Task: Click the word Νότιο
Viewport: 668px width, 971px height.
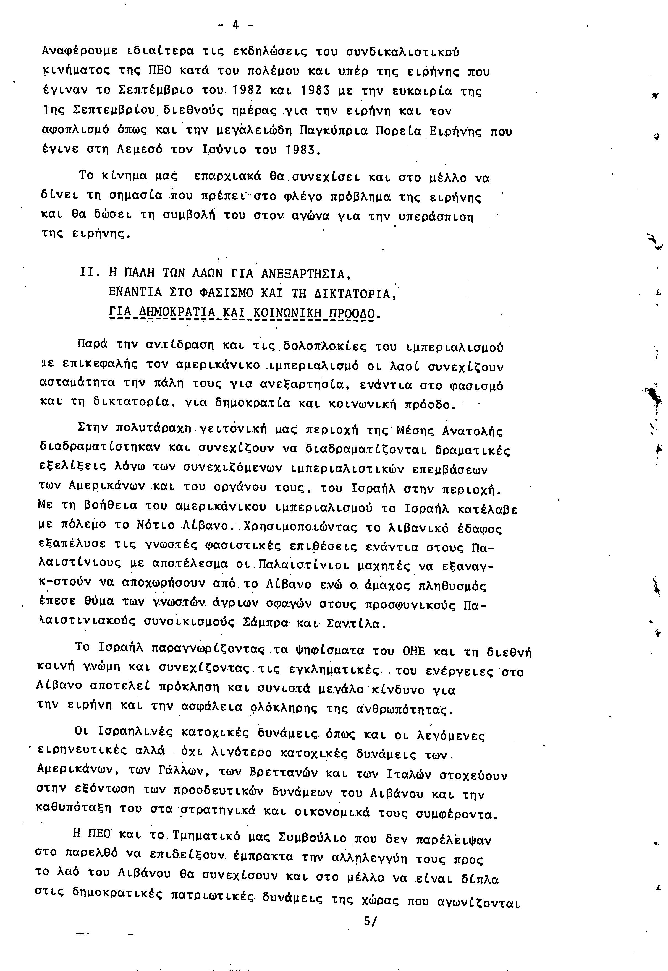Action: click(156, 525)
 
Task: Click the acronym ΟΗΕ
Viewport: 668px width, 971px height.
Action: click(413, 652)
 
